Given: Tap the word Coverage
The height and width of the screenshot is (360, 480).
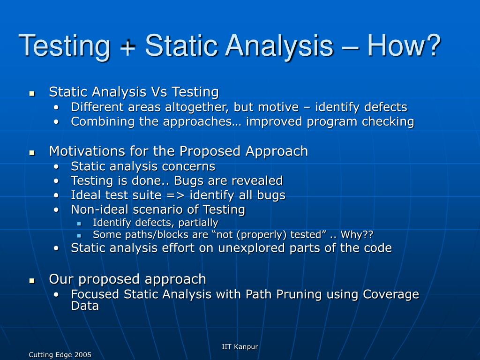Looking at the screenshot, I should tap(391, 294).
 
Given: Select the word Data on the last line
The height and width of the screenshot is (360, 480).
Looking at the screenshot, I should tap(85, 307).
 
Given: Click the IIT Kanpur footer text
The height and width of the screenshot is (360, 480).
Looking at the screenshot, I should tap(240, 347).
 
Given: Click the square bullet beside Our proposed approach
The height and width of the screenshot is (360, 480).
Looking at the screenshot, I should tap(32, 280).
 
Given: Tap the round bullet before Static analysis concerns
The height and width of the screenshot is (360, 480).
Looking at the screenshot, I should tap(56, 167).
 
